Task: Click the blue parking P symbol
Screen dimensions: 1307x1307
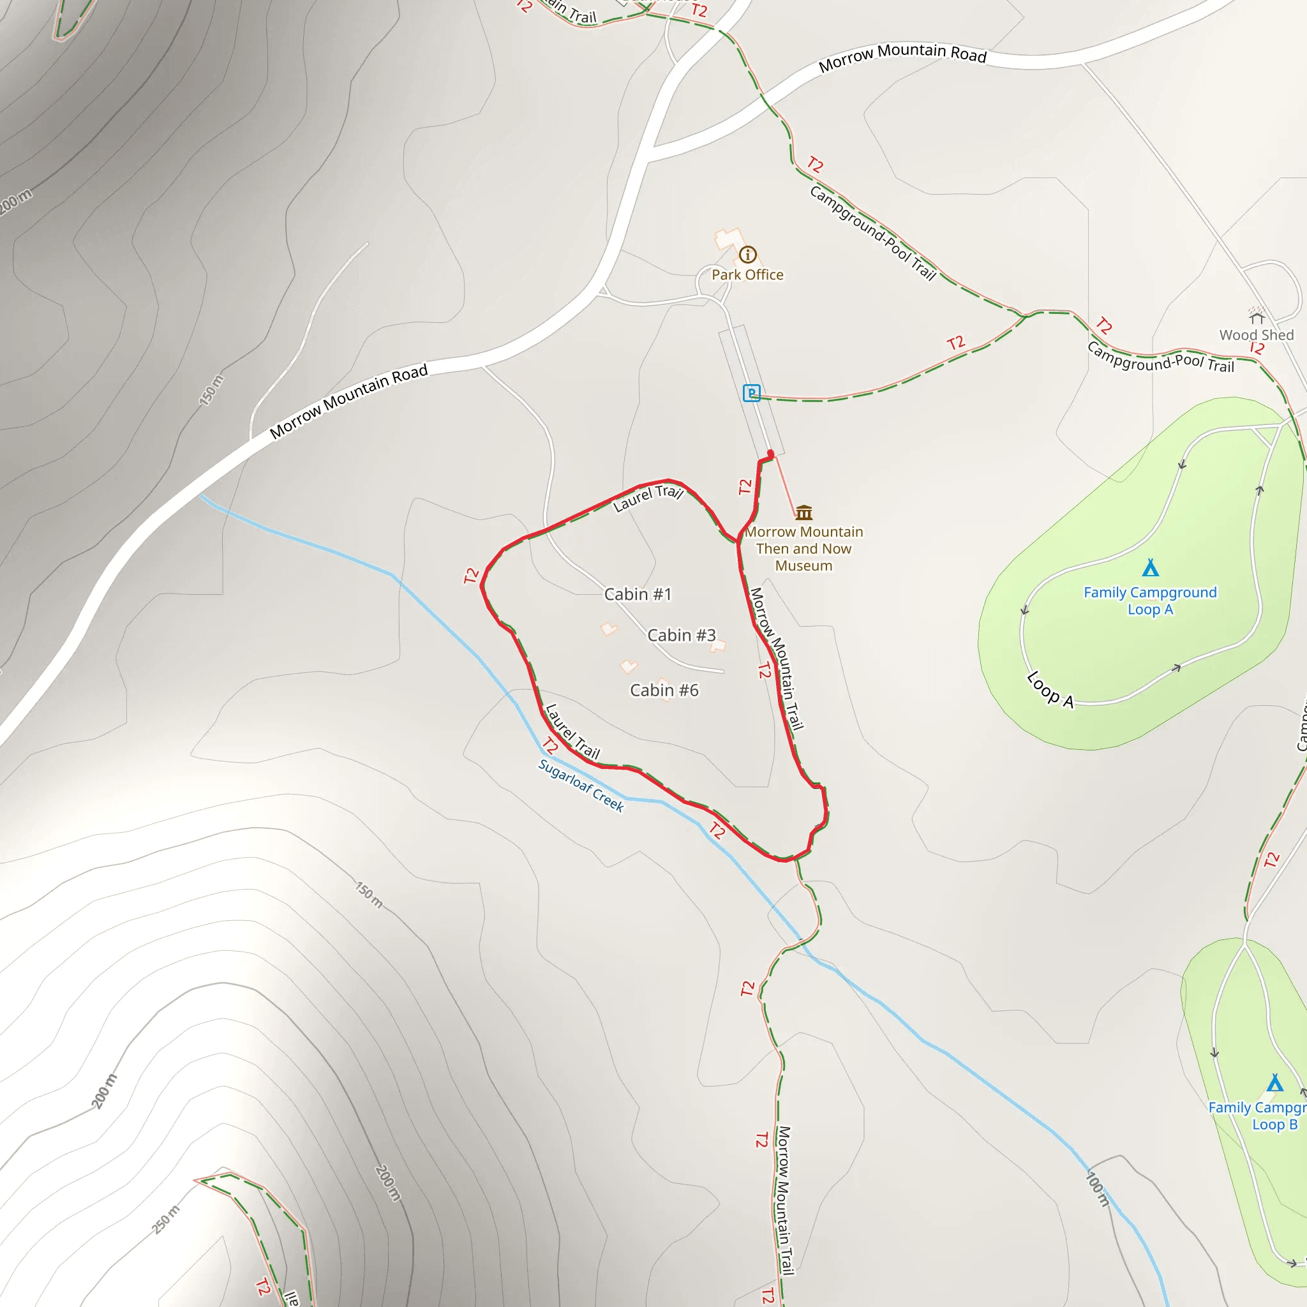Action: [x=751, y=393]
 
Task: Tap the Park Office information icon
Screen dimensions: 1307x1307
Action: [x=747, y=255]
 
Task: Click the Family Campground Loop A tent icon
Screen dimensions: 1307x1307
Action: [x=1150, y=567]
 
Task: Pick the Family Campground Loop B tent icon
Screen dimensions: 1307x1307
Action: [x=1274, y=1083]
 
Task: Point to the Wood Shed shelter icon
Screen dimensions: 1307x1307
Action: [x=1256, y=317]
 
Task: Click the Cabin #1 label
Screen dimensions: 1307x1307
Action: [x=638, y=594]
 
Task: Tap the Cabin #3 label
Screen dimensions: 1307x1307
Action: [x=681, y=635]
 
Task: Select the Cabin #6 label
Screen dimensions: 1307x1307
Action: [x=664, y=690]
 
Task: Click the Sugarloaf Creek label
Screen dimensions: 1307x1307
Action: [x=581, y=785]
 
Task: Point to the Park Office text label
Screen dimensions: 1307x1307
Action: [x=747, y=274]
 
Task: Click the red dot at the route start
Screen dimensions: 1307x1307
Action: [x=770, y=454]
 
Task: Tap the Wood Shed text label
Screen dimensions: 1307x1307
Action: [x=1256, y=335]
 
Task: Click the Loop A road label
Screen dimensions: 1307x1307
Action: [x=1049, y=689]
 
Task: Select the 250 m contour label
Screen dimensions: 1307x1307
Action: [x=166, y=1219]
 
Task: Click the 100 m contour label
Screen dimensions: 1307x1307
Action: [x=1097, y=1188]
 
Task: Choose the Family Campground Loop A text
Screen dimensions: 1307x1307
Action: [x=1150, y=601]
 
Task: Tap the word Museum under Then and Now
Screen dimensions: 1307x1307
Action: [x=803, y=565]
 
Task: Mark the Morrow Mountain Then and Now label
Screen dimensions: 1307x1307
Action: [x=803, y=540]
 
